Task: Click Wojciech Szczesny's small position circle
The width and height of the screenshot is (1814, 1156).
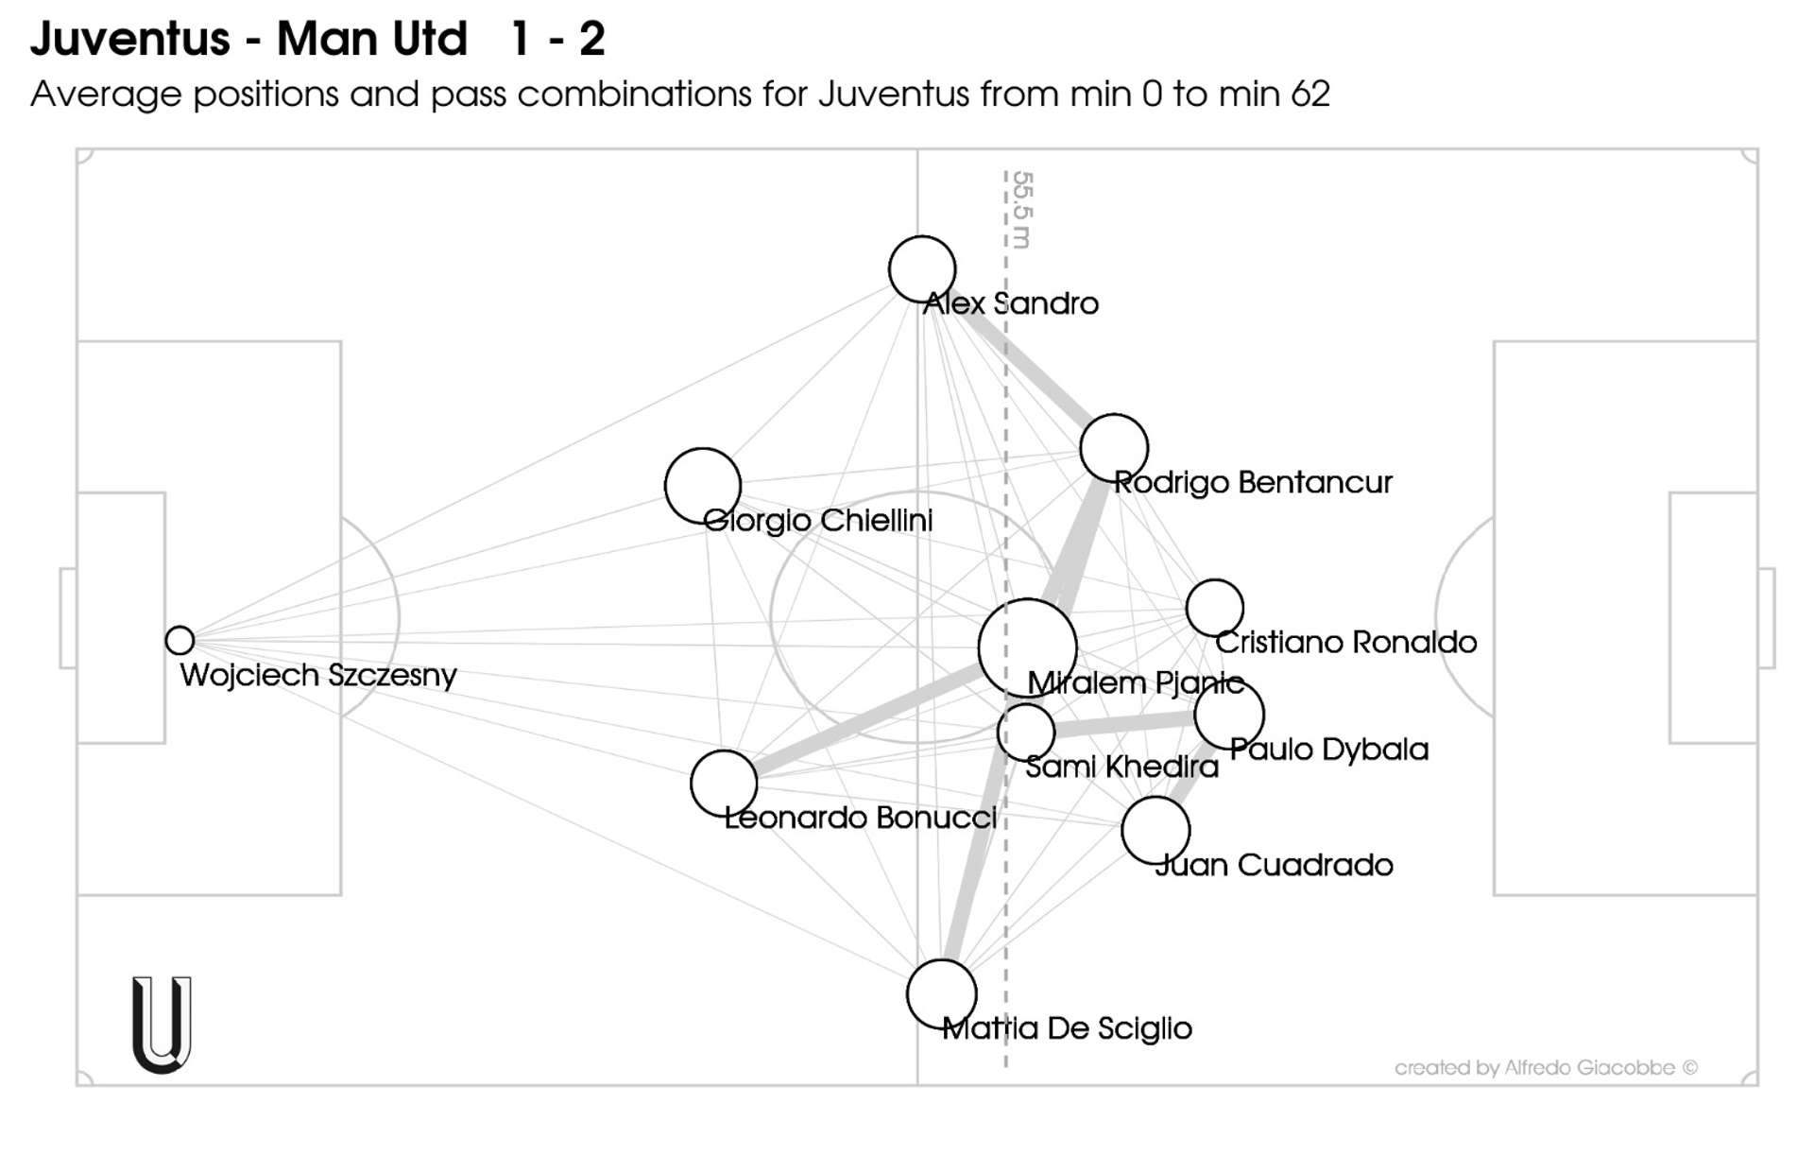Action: (180, 640)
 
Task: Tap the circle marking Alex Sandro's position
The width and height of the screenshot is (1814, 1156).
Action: (922, 269)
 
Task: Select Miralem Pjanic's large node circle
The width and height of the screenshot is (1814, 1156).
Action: (1028, 647)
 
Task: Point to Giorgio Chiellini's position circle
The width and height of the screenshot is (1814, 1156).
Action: (703, 486)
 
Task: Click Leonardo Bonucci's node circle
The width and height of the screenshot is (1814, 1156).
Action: (724, 784)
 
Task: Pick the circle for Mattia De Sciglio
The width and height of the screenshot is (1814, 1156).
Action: (941, 993)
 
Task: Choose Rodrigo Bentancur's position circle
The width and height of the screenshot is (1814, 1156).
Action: (1114, 448)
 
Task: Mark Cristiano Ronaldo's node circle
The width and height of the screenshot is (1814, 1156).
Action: (1215, 608)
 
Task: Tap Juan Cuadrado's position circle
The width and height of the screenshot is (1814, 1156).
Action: (1155, 831)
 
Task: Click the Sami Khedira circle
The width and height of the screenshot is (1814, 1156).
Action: (1026, 732)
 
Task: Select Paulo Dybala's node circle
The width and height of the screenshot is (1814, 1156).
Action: (1229, 716)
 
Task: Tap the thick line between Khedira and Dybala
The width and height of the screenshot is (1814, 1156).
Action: (1124, 725)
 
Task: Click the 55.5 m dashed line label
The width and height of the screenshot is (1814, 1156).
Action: (1022, 210)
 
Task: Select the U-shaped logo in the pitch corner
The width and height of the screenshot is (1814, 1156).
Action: (162, 1025)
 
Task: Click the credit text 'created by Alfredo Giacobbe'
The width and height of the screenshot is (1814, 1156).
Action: (1546, 1068)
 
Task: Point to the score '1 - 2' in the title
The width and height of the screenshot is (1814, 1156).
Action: (557, 40)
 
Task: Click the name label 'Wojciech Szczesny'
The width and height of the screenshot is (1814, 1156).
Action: (318, 675)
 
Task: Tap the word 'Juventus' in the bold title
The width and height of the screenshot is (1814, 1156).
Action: (130, 40)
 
